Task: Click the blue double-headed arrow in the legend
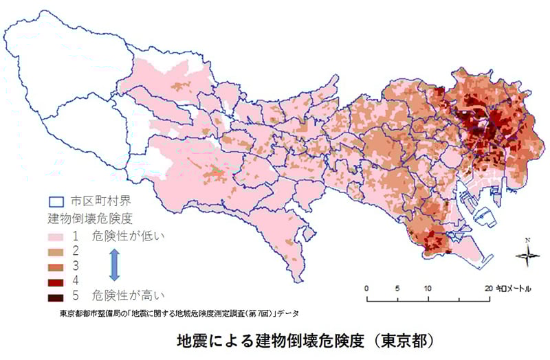coord(115,266)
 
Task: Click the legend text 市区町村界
coord(96,202)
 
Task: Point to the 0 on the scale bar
coord(367,287)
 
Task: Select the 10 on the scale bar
coord(428,287)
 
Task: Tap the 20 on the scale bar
coord(487,287)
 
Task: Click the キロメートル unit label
coord(513,288)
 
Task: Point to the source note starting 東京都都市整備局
coord(179,313)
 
